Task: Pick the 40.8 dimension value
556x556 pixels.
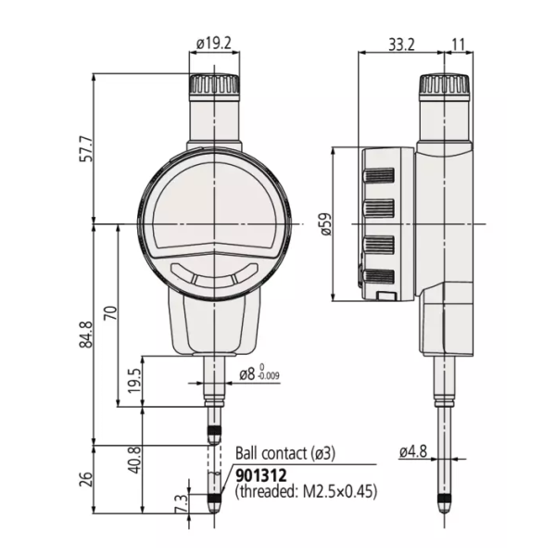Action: [x=133, y=460]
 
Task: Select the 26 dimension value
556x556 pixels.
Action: [x=86, y=478]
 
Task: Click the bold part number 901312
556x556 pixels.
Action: [x=262, y=474]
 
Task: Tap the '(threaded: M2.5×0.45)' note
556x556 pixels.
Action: [x=307, y=492]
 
